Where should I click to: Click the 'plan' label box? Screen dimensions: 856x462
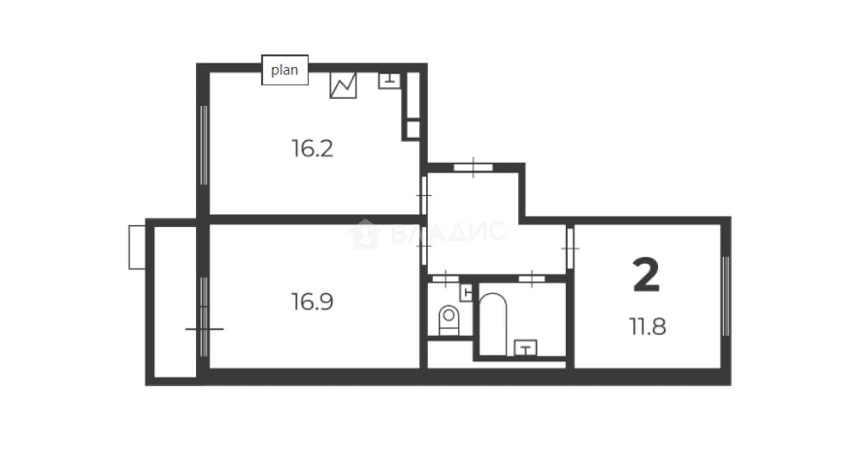pos(285,70)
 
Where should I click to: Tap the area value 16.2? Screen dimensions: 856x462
pos(312,149)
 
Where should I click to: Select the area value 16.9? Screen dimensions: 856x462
pos(312,302)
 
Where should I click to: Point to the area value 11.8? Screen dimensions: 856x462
pos(648,327)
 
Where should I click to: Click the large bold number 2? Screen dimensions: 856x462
pos(646,275)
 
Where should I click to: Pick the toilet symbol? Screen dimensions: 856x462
pos(448,320)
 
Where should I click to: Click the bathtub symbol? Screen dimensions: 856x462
pos(493,324)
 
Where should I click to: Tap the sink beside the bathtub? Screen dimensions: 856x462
pos(526,348)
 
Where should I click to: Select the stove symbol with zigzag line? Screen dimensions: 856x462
pos(343,85)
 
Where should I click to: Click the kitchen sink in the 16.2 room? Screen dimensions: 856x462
pos(389,81)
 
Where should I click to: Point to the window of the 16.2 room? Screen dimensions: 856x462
pos(203,145)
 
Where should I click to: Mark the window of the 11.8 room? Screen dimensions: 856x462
pos(726,296)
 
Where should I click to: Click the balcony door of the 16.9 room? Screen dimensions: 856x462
pos(204,317)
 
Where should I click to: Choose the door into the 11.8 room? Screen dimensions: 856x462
pos(570,248)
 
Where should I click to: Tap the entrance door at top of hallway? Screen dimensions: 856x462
pos(473,167)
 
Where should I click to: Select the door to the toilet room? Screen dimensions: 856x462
pos(445,279)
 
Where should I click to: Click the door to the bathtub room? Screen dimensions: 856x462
pos(532,279)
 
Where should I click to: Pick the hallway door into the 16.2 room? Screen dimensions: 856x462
pos(423,195)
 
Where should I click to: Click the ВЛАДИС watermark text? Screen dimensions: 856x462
pos(427,233)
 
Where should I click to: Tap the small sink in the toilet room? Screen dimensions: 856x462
pos(466,293)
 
